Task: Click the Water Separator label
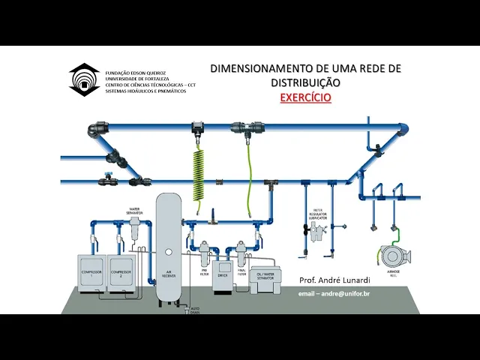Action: (135, 211)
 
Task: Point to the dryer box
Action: (222, 275)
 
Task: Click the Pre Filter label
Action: (204, 274)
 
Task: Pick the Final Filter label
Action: (241, 274)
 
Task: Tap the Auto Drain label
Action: (195, 310)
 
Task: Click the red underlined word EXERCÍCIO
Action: (305, 97)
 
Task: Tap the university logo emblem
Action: (84, 79)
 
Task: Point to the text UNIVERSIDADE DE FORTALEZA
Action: (137, 79)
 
